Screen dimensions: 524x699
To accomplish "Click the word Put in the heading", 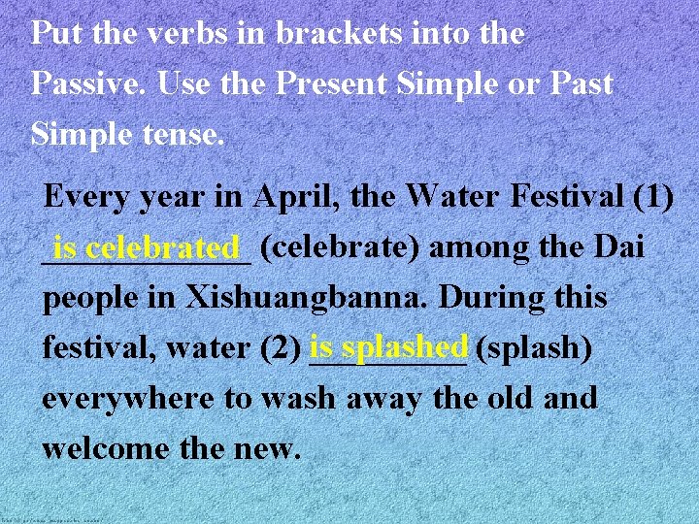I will tap(51, 34).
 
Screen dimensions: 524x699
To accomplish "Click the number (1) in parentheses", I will tap(652, 198).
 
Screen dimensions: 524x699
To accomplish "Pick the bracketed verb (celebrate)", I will tap(341, 247).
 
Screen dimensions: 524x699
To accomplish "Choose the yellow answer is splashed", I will tap(389, 345).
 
